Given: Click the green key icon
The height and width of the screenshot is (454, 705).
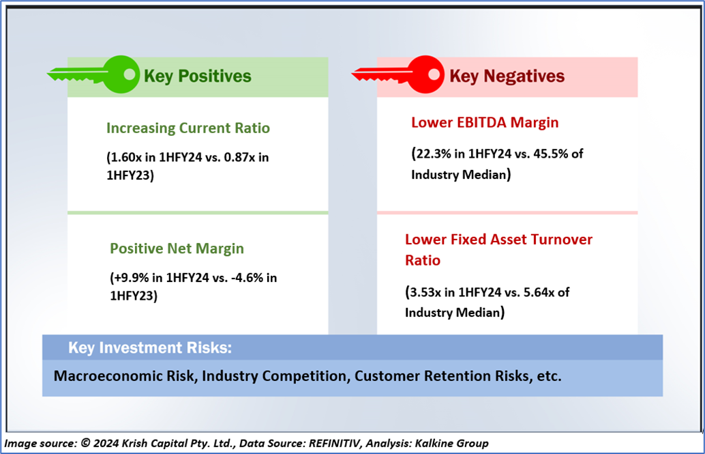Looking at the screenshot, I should tap(92, 73).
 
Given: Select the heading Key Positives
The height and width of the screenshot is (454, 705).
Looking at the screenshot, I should tap(197, 76).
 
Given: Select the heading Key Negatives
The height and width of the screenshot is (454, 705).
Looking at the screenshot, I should tap(506, 76).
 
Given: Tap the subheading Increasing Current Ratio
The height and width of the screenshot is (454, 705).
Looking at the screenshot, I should tap(187, 128).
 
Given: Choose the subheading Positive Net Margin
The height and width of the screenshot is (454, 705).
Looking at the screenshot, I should tap(177, 249).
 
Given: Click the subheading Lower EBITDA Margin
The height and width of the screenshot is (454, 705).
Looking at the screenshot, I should tap(485, 123).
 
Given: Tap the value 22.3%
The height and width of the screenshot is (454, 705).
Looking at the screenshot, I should tap(434, 154).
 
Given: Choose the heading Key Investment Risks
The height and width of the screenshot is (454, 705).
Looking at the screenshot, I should tap(150, 348).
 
